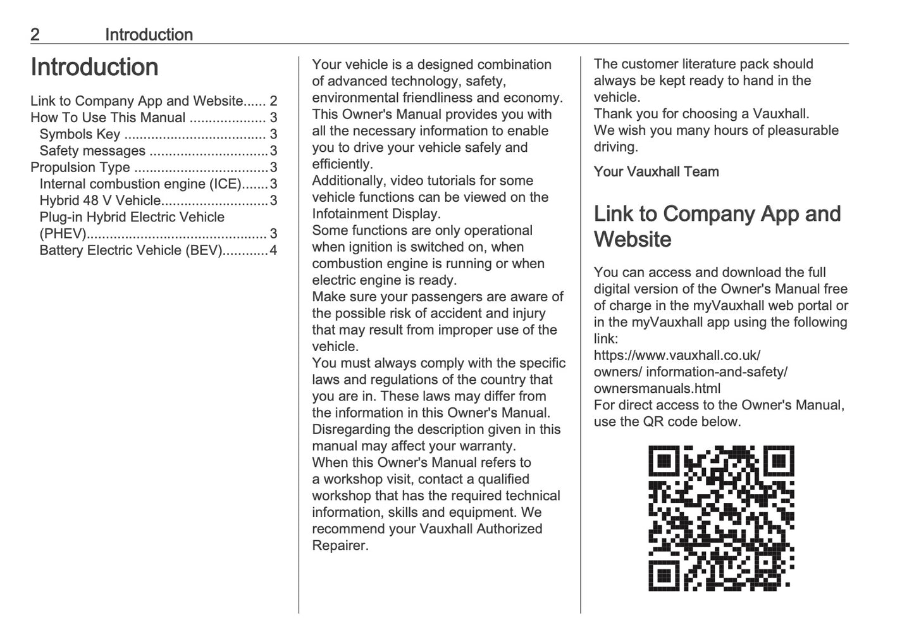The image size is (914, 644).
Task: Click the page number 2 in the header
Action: click(35, 35)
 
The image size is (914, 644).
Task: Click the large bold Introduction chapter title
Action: click(94, 67)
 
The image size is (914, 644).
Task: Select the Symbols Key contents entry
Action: click(80, 134)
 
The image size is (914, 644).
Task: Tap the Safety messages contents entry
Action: click(92, 151)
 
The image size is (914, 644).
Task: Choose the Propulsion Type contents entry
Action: click(80, 167)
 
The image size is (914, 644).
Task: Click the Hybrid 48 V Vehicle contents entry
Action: click(100, 201)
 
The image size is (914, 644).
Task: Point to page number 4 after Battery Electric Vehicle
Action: click(273, 251)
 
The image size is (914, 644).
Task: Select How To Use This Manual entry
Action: click(108, 118)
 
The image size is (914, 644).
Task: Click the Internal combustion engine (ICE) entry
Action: click(140, 184)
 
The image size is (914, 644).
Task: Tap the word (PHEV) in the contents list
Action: click(63, 234)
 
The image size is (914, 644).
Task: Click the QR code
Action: click(721, 518)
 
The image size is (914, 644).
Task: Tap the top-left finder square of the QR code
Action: click(664, 461)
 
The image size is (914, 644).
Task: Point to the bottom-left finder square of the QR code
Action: click(664, 576)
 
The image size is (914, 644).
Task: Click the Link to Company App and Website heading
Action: click(717, 226)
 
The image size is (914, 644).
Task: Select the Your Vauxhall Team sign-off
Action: click(656, 171)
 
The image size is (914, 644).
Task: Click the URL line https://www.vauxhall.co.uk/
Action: click(677, 356)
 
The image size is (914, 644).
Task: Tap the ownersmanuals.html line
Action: click(657, 388)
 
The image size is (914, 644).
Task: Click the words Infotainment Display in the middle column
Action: click(376, 214)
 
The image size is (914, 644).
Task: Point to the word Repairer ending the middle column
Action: click(340, 545)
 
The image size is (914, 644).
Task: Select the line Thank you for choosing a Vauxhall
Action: click(701, 114)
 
